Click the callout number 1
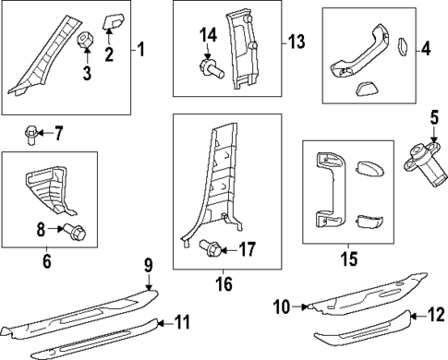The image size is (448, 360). coord(141,49)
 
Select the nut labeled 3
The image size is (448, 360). coord(85,40)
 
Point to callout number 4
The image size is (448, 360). coord(425,49)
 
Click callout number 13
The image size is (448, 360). coord(295,42)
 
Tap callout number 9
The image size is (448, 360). coord(148,264)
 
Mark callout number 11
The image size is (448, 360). coord(183,322)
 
